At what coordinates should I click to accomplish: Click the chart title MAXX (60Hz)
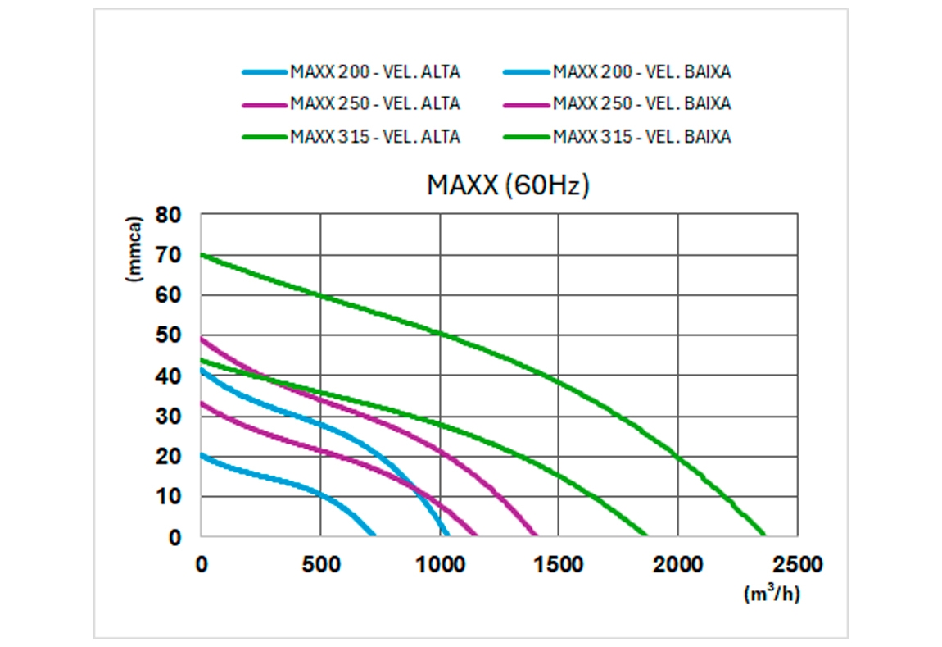pos(508,185)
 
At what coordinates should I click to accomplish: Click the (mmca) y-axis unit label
pos(135,249)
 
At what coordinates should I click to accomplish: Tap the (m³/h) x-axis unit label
pos(772,594)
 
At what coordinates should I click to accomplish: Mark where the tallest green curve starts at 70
pos(202,255)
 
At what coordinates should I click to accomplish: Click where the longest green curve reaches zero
pos(763,536)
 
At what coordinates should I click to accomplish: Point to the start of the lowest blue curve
pos(202,453)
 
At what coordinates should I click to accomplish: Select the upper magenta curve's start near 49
pos(202,339)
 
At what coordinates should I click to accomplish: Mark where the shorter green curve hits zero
pos(645,536)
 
